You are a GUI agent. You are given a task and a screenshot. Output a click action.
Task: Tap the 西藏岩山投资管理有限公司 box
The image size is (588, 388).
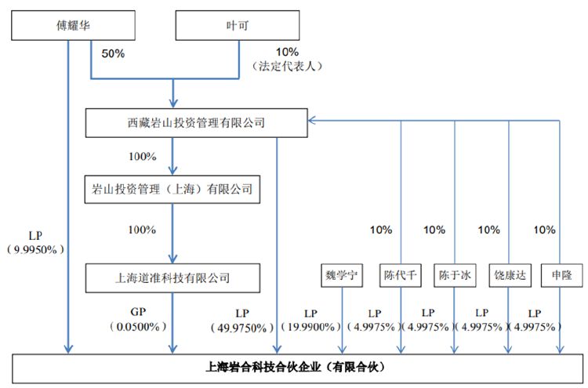coord(196,122)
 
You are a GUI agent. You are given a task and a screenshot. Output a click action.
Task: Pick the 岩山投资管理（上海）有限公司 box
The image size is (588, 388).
coord(172,189)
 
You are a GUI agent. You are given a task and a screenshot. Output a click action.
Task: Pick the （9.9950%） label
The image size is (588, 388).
coord(36,249)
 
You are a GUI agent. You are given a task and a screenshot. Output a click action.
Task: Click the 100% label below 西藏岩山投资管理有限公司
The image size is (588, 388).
coord(142,156)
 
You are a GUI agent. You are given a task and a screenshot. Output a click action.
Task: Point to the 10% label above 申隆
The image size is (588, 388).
coord(544,230)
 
